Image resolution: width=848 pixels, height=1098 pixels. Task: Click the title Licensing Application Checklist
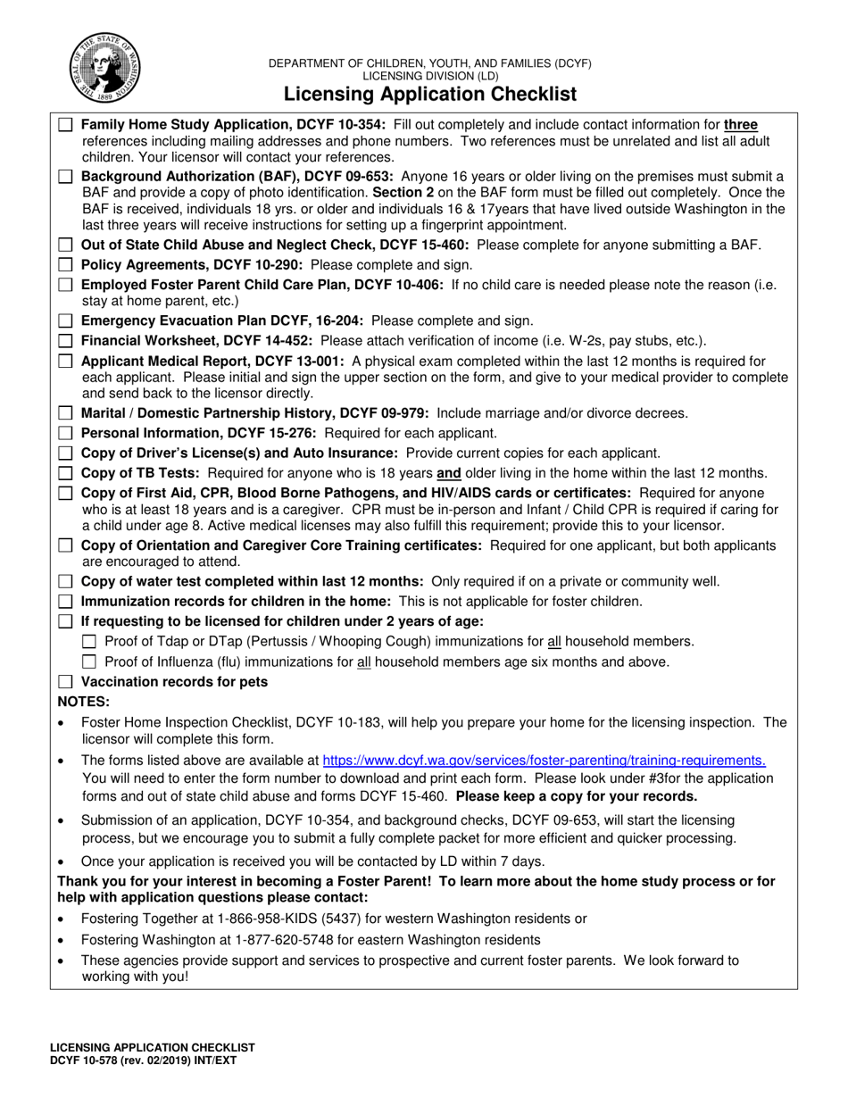(x=429, y=95)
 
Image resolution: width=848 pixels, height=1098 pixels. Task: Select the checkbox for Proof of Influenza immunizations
(x=89, y=662)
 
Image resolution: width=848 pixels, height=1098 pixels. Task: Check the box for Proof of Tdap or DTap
(x=89, y=642)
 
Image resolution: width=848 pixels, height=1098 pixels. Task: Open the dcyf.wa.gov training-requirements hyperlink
(x=544, y=761)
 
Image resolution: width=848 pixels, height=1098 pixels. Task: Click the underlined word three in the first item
(x=741, y=125)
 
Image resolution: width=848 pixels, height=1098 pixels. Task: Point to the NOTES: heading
(x=84, y=702)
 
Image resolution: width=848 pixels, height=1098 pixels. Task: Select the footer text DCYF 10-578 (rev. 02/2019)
(x=143, y=1060)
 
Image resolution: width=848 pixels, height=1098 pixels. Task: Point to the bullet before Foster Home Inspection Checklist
(x=61, y=722)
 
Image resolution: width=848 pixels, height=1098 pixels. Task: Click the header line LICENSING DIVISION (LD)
(x=429, y=77)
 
